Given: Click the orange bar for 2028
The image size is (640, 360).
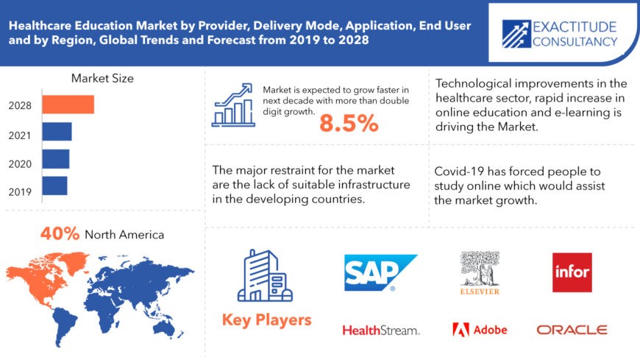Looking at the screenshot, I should (x=68, y=105).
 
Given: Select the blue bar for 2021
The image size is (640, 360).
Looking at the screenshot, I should (x=57, y=132).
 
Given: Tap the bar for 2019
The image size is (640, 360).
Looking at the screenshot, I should (x=54, y=185).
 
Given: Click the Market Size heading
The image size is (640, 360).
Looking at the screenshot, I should (x=102, y=78).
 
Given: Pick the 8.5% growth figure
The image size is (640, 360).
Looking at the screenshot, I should (x=349, y=124).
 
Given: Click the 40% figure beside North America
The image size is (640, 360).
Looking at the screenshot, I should (x=60, y=234).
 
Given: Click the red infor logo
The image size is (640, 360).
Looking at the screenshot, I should (x=572, y=272).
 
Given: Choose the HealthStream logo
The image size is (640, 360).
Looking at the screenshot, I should (x=380, y=331).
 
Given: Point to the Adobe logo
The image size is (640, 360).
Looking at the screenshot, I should (x=480, y=330).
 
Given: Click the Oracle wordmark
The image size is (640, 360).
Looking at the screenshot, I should (x=572, y=330).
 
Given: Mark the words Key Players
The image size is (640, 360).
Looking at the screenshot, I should (x=266, y=320).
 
